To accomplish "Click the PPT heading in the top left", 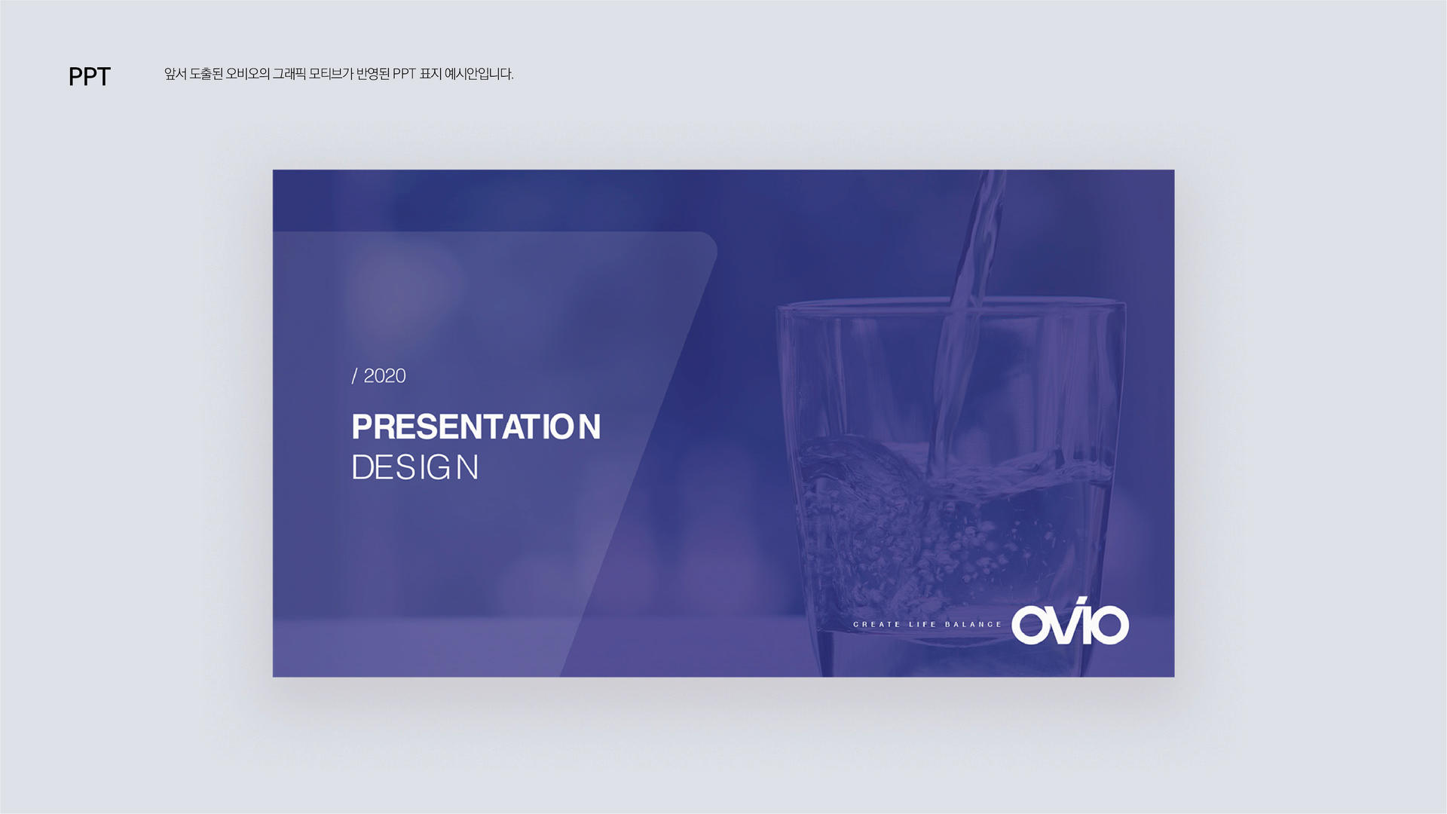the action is [x=90, y=77].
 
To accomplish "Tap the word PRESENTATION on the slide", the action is [x=476, y=427].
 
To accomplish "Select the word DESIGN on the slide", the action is [x=415, y=467].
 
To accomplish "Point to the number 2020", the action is [x=384, y=376].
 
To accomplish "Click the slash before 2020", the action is [x=354, y=376].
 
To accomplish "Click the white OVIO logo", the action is [x=1070, y=622].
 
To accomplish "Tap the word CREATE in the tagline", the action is [x=876, y=624].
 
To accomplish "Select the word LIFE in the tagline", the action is [x=922, y=624].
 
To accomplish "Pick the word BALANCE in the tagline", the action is [x=974, y=624].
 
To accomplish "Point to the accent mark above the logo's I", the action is [x=1081, y=601].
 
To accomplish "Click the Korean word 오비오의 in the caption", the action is [x=248, y=74].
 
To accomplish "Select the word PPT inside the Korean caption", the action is [x=405, y=74].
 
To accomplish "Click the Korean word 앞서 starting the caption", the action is [x=176, y=74].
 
